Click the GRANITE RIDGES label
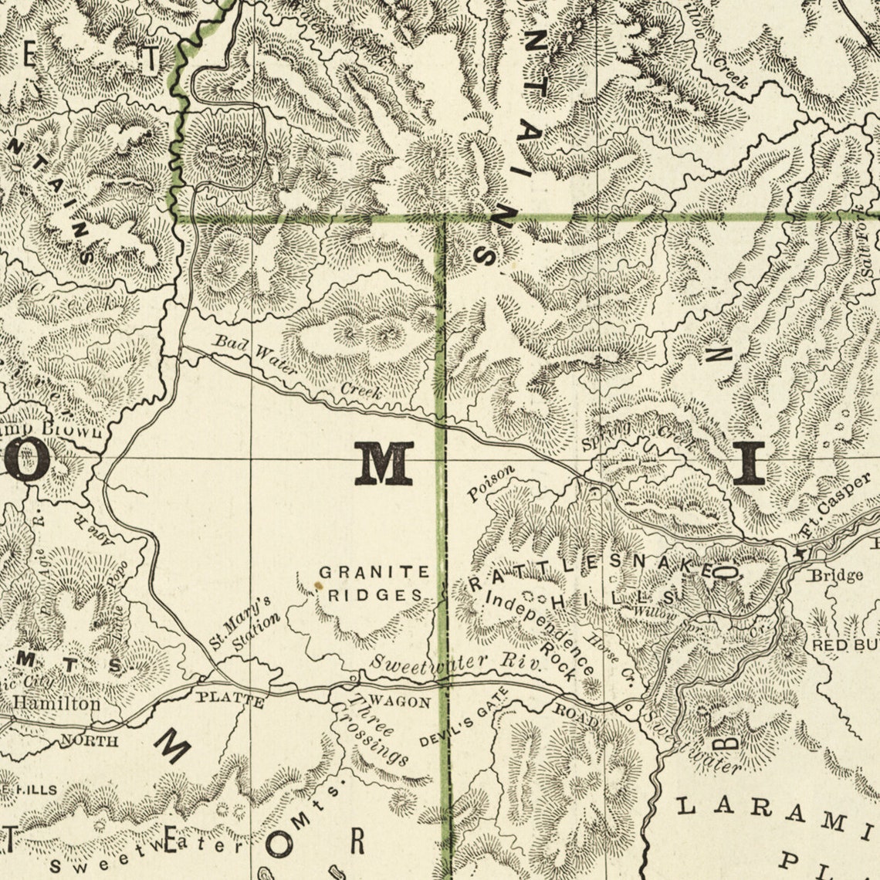(x=374, y=584)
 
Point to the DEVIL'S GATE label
(x=463, y=718)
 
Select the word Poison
(x=490, y=484)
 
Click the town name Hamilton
(x=56, y=703)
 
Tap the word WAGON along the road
(x=400, y=702)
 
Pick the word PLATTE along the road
(x=230, y=702)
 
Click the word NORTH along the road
(x=90, y=741)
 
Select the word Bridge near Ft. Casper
(x=835, y=575)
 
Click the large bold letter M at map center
(x=383, y=464)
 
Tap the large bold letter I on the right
(x=747, y=464)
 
